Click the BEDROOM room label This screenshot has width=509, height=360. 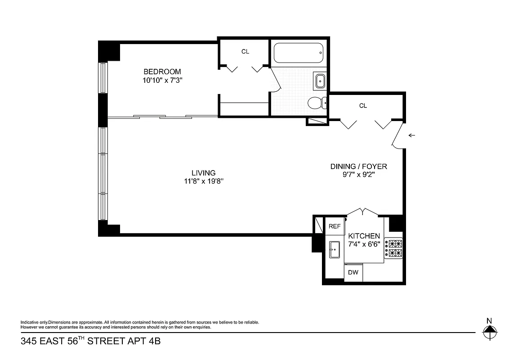coord(162,72)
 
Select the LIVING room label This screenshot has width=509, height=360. coord(203,173)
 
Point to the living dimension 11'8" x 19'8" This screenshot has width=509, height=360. coord(203,181)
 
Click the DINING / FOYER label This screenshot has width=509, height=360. coord(358,166)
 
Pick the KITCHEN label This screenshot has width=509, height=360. coord(364,236)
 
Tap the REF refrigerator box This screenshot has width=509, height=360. coord(335,226)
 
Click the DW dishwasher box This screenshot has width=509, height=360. coord(353,272)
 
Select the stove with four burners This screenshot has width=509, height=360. coord(393,249)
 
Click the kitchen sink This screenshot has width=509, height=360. coord(334,249)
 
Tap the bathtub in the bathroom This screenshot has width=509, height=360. coord(299,54)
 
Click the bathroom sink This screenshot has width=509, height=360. coord(321,81)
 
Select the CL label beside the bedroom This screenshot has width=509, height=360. coord(245,52)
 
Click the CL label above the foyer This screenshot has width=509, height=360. coord(363,106)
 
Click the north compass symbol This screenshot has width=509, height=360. coord(489,333)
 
